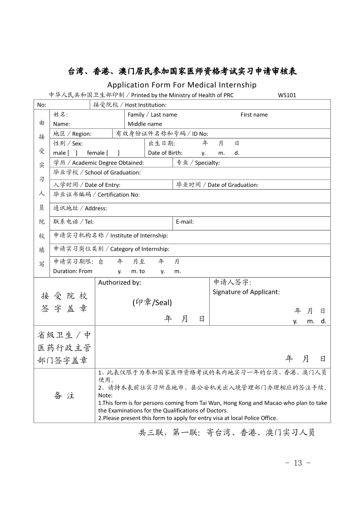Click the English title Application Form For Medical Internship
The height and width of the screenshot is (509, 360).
(182, 85)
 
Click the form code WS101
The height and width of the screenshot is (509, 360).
(287, 95)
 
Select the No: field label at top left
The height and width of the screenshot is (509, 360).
(42, 105)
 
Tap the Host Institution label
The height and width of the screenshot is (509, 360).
(130, 105)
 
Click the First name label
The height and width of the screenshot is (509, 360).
(254, 115)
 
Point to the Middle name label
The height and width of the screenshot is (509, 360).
(145, 124)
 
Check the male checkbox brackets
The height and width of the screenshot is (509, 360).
(73, 153)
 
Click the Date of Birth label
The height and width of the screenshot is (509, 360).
(165, 153)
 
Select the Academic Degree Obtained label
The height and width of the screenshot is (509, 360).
(99, 163)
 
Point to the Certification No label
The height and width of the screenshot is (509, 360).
(96, 195)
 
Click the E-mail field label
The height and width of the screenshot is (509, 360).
(185, 222)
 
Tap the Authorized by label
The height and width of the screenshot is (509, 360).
(120, 283)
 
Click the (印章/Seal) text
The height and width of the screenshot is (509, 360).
(152, 303)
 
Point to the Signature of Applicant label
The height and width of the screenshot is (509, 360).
(246, 292)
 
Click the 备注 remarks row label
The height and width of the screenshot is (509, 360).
(64, 396)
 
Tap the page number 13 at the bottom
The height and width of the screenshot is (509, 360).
(298, 463)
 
